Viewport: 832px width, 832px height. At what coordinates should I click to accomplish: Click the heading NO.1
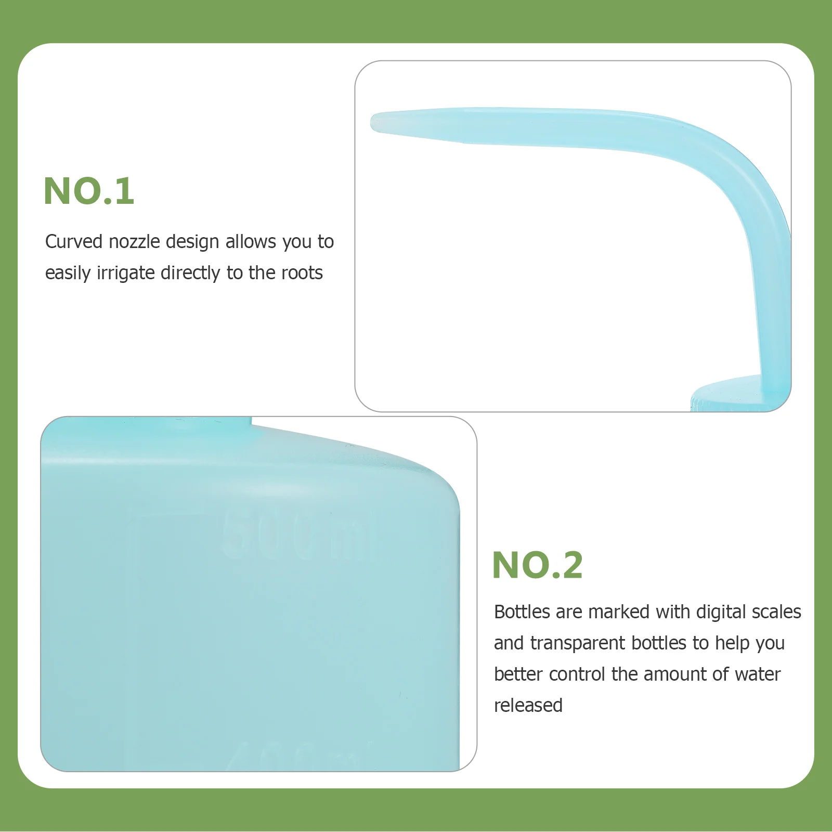tap(89, 191)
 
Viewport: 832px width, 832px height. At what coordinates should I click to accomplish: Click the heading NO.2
tap(537, 565)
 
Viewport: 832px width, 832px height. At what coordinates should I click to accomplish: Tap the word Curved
tap(73, 242)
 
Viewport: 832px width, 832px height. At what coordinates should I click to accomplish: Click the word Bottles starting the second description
tap(522, 612)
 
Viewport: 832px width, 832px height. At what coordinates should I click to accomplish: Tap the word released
tap(528, 706)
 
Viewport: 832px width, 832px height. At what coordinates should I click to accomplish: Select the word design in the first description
tap(192, 242)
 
